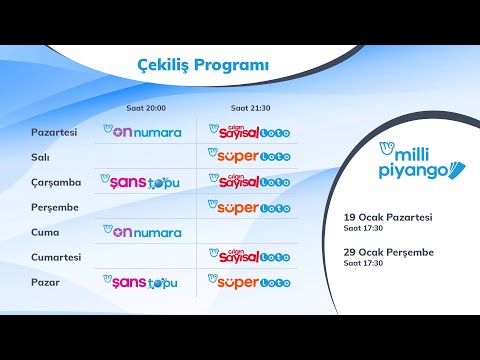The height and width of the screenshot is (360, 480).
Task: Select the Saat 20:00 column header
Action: click(146, 107)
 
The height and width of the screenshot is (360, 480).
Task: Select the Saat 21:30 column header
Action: click(249, 107)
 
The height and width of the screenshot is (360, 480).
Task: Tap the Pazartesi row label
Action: click(55, 132)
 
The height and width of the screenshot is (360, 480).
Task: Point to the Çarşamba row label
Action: click(56, 182)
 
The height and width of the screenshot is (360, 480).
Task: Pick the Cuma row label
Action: click(46, 232)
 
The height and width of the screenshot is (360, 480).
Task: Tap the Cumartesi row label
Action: click(59, 257)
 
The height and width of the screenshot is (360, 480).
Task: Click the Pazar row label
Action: click(46, 282)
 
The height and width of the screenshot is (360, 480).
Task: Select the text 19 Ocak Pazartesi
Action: click(388, 216)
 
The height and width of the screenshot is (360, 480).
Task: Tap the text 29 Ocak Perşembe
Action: click(388, 252)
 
